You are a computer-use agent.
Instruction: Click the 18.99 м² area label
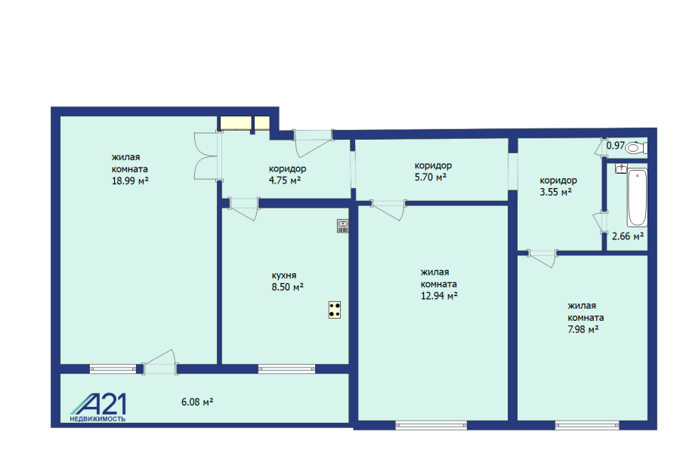(130, 180)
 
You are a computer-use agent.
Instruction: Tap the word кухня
(284, 276)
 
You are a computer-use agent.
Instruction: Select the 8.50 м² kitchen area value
(288, 287)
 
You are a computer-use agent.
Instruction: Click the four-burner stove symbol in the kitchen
(335, 310)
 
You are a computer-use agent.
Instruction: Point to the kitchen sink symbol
(342, 226)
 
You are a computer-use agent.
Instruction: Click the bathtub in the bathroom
(637, 197)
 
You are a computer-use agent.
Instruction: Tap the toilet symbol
(635, 148)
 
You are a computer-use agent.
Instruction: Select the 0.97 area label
(615, 146)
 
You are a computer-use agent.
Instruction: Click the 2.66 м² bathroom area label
(628, 236)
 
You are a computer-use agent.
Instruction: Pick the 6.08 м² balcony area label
(197, 402)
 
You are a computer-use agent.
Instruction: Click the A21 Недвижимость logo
(98, 408)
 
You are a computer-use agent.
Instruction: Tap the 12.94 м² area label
(439, 296)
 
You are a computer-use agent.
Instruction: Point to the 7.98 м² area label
(583, 329)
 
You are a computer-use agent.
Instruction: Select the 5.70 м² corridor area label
(431, 177)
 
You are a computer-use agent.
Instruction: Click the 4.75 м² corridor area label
(285, 180)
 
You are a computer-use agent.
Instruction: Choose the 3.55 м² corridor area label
(555, 192)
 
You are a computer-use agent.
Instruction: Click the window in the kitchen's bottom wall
(286, 369)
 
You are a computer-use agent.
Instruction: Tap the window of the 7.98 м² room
(587, 425)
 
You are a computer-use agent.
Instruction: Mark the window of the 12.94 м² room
(431, 425)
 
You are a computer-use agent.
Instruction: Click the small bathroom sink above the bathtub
(621, 168)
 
